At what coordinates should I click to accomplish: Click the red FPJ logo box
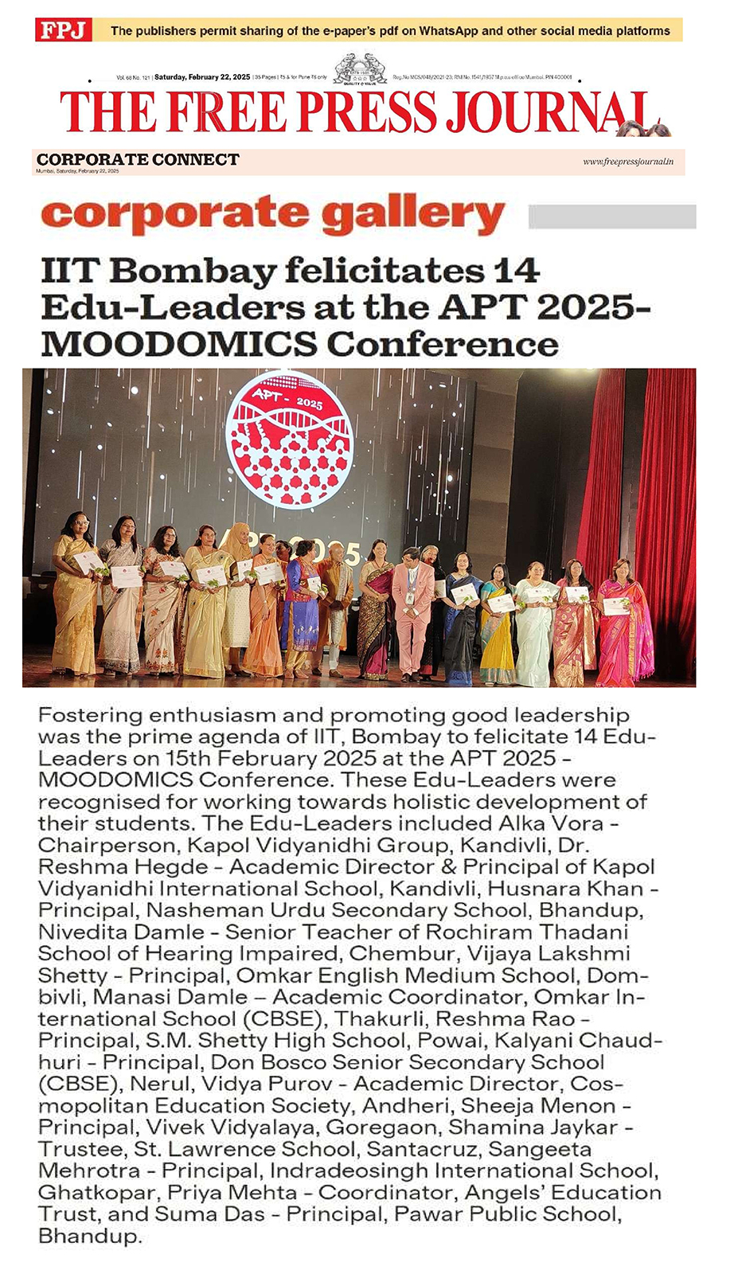64,31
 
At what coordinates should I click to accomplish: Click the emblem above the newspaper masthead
360,69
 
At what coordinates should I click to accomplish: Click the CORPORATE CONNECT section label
138,159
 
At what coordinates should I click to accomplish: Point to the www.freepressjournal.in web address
627,162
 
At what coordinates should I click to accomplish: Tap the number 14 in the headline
517,272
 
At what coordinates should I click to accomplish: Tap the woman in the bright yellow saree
497,629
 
